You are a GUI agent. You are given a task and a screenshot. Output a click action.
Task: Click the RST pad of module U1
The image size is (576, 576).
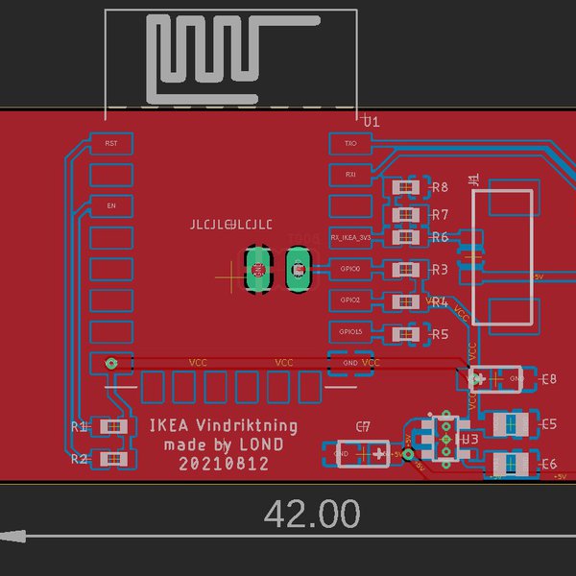click(x=110, y=143)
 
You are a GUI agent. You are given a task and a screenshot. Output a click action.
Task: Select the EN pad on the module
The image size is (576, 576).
click(x=110, y=205)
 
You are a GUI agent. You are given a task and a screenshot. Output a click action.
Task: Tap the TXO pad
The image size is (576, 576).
click(x=349, y=143)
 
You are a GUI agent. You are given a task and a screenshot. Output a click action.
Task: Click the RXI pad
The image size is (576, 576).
click(x=349, y=174)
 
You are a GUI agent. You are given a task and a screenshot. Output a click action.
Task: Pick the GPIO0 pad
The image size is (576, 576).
click(x=349, y=269)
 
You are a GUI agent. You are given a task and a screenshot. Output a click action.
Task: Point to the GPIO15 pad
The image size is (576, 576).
click(x=349, y=332)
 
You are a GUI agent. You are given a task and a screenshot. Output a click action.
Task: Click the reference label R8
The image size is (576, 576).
click(x=441, y=187)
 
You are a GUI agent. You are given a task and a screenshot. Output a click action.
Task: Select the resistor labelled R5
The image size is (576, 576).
click(x=405, y=334)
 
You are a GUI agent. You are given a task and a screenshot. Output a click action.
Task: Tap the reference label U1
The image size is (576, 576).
click(x=372, y=122)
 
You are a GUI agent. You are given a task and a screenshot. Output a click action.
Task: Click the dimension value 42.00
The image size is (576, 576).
click(x=312, y=514)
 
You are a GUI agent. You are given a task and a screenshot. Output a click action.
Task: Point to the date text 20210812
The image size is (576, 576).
click(x=223, y=464)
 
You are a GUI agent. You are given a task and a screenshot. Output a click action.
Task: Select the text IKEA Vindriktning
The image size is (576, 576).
click(x=223, y=425)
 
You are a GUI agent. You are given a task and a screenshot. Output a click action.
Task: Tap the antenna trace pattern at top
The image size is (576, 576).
click(x=230, y=58)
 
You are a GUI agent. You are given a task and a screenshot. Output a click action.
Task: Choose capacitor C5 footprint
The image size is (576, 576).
click(x=509, y=423)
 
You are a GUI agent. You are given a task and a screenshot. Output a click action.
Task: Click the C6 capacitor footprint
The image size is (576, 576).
click(x=509, y=464)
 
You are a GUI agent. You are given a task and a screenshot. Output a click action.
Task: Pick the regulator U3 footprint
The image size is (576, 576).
click(x=446, y=438)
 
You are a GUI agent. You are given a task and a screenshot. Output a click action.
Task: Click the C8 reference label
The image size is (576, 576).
click(x=549, y=379)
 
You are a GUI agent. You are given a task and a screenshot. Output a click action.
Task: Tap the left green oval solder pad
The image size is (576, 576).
click(x=257, y=270)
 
